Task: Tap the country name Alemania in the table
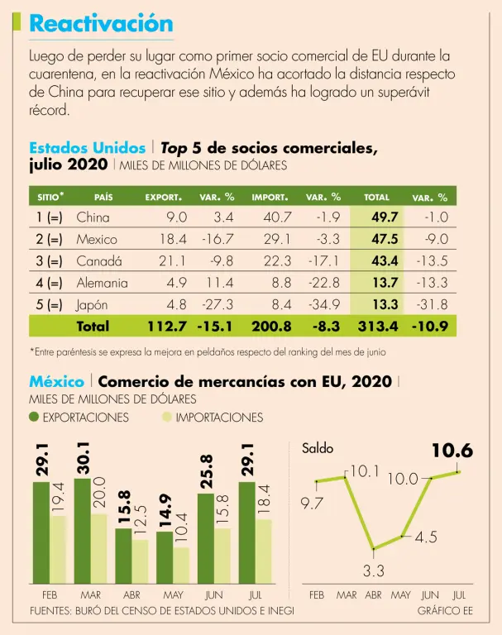coord(102,283)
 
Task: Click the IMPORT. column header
coord(270,198)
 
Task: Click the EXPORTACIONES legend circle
coord(34,418)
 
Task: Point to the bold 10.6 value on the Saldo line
coord(452,451)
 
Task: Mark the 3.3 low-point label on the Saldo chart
coord(375,570)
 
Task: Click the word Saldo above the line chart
coord(318,448)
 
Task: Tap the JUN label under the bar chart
coord(213,594)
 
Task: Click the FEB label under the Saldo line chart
coord(317,594)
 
